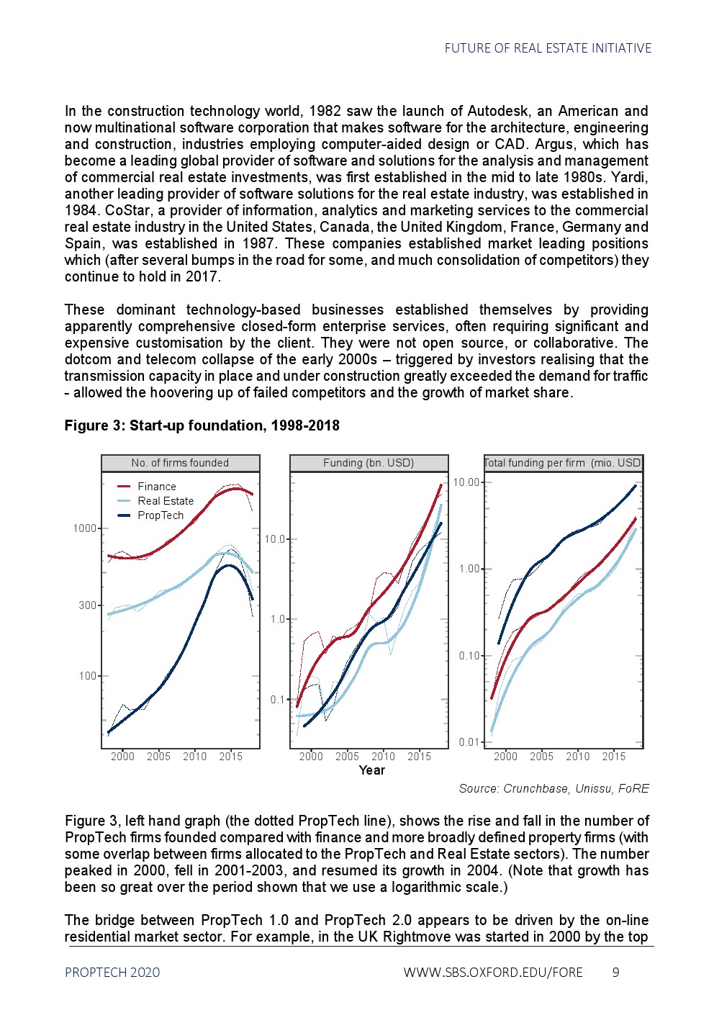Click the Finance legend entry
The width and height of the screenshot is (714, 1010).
coord(156,487)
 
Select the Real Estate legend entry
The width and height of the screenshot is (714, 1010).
coord(165,501)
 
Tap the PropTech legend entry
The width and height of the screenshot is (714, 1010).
coord(160,515)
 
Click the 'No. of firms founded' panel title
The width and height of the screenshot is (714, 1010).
coord(180,463)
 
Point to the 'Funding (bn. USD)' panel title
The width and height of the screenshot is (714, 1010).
coord(369,463)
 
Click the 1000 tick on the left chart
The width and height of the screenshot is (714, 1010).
coord(85,528)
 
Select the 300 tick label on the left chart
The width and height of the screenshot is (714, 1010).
coord(88,605)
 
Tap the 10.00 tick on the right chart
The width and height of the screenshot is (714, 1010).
coord(466,482)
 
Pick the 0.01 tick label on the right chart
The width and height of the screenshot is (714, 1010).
coord(469,742)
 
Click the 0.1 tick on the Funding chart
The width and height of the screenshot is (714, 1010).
coord(278,700)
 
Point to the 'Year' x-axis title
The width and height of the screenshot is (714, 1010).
coord(371,770)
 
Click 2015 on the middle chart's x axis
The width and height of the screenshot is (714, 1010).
coord(419,757)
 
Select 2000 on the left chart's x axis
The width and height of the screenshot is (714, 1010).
coord(122,757)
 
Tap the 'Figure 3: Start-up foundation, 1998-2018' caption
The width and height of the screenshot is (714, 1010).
coord(202,425)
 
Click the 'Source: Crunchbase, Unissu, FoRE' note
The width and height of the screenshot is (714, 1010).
coord(553,788)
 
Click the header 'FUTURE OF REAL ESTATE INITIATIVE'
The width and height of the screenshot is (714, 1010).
coord(548,48)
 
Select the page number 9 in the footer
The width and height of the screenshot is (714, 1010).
coord(615,973)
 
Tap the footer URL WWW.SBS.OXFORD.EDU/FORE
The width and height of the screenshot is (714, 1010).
coord(493,973)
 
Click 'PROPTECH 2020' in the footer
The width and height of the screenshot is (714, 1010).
coord(112,973)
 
